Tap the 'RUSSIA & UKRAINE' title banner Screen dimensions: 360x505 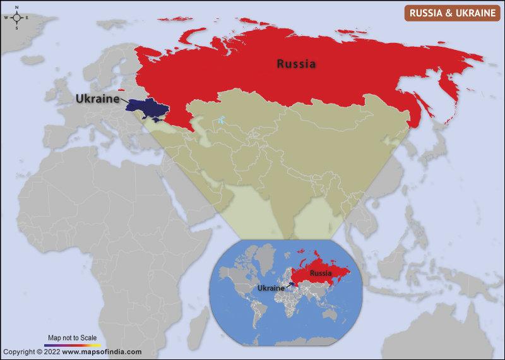[x=452, y=13]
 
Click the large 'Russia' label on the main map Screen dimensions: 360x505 [x=296, y=64]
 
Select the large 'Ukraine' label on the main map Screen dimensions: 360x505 [x=98, y=99]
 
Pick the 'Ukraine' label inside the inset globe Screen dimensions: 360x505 [x=271, y=288]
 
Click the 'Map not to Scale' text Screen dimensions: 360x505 [x=72, y=339]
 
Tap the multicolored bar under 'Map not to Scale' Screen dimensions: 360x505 [x=72, y=345]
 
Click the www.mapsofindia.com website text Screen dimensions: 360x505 [x=102, y=352]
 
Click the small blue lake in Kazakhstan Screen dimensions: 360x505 [x=222, y=119]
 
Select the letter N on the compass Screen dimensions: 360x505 [x=16, y=7]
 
